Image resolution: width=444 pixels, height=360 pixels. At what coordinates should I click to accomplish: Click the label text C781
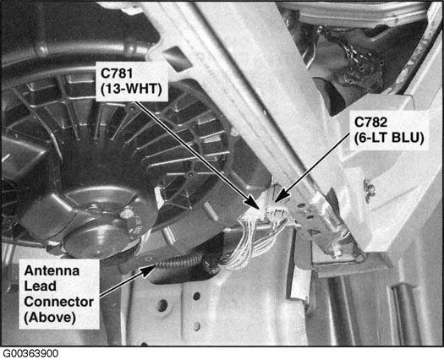point(117,74)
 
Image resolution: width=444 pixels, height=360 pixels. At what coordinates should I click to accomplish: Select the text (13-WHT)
point(131,90)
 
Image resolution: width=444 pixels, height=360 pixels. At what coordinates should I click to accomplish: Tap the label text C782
point(370,123)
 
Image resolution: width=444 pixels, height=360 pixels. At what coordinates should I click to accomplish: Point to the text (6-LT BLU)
point(389,139)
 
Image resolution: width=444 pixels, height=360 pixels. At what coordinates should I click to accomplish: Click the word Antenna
point(52,271)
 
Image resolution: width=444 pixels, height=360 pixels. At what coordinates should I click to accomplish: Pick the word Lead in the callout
point(40,286)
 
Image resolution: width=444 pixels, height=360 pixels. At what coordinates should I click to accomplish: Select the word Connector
point(59,302)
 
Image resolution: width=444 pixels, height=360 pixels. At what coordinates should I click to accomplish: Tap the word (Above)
point(50,318)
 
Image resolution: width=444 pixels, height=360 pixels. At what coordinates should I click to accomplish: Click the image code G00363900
point(30,353)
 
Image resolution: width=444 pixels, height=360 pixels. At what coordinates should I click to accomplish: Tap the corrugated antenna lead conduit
point(181,262)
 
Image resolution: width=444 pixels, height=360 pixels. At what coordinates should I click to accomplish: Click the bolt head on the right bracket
point(370,188)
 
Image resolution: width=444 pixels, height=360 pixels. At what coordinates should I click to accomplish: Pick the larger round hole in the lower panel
point(162,306)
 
